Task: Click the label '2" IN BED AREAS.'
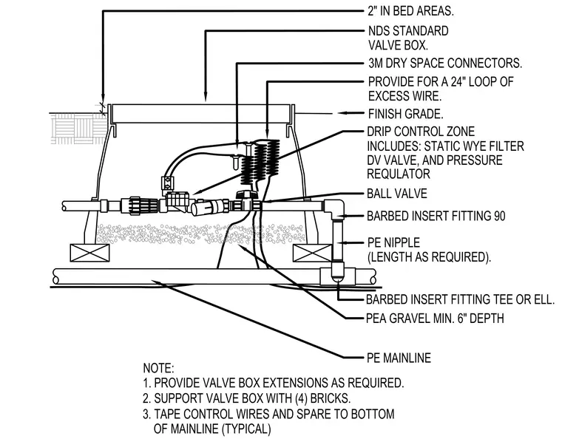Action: pos(410,11)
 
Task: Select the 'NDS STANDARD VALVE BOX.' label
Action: pos(408,38)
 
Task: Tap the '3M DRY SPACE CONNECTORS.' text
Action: pos(445,63)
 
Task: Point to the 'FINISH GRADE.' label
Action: pos(406,114)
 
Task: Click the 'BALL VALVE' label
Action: pos(397,194)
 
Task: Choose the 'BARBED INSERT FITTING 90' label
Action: pos(436,216)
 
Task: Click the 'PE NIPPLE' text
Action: pos(393,242)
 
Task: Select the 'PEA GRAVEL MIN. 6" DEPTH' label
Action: pos(435,318)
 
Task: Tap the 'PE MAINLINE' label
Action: pos(399,358)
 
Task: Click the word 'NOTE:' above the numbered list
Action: pos(158,368)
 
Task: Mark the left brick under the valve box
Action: pos(89,253)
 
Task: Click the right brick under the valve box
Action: pos(312,253)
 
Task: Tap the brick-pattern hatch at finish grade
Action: pos(78,128)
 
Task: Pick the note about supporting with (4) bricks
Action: pos(246,398)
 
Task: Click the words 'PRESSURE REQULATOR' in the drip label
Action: pos(434,167)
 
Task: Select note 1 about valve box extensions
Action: pos(274,383)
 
